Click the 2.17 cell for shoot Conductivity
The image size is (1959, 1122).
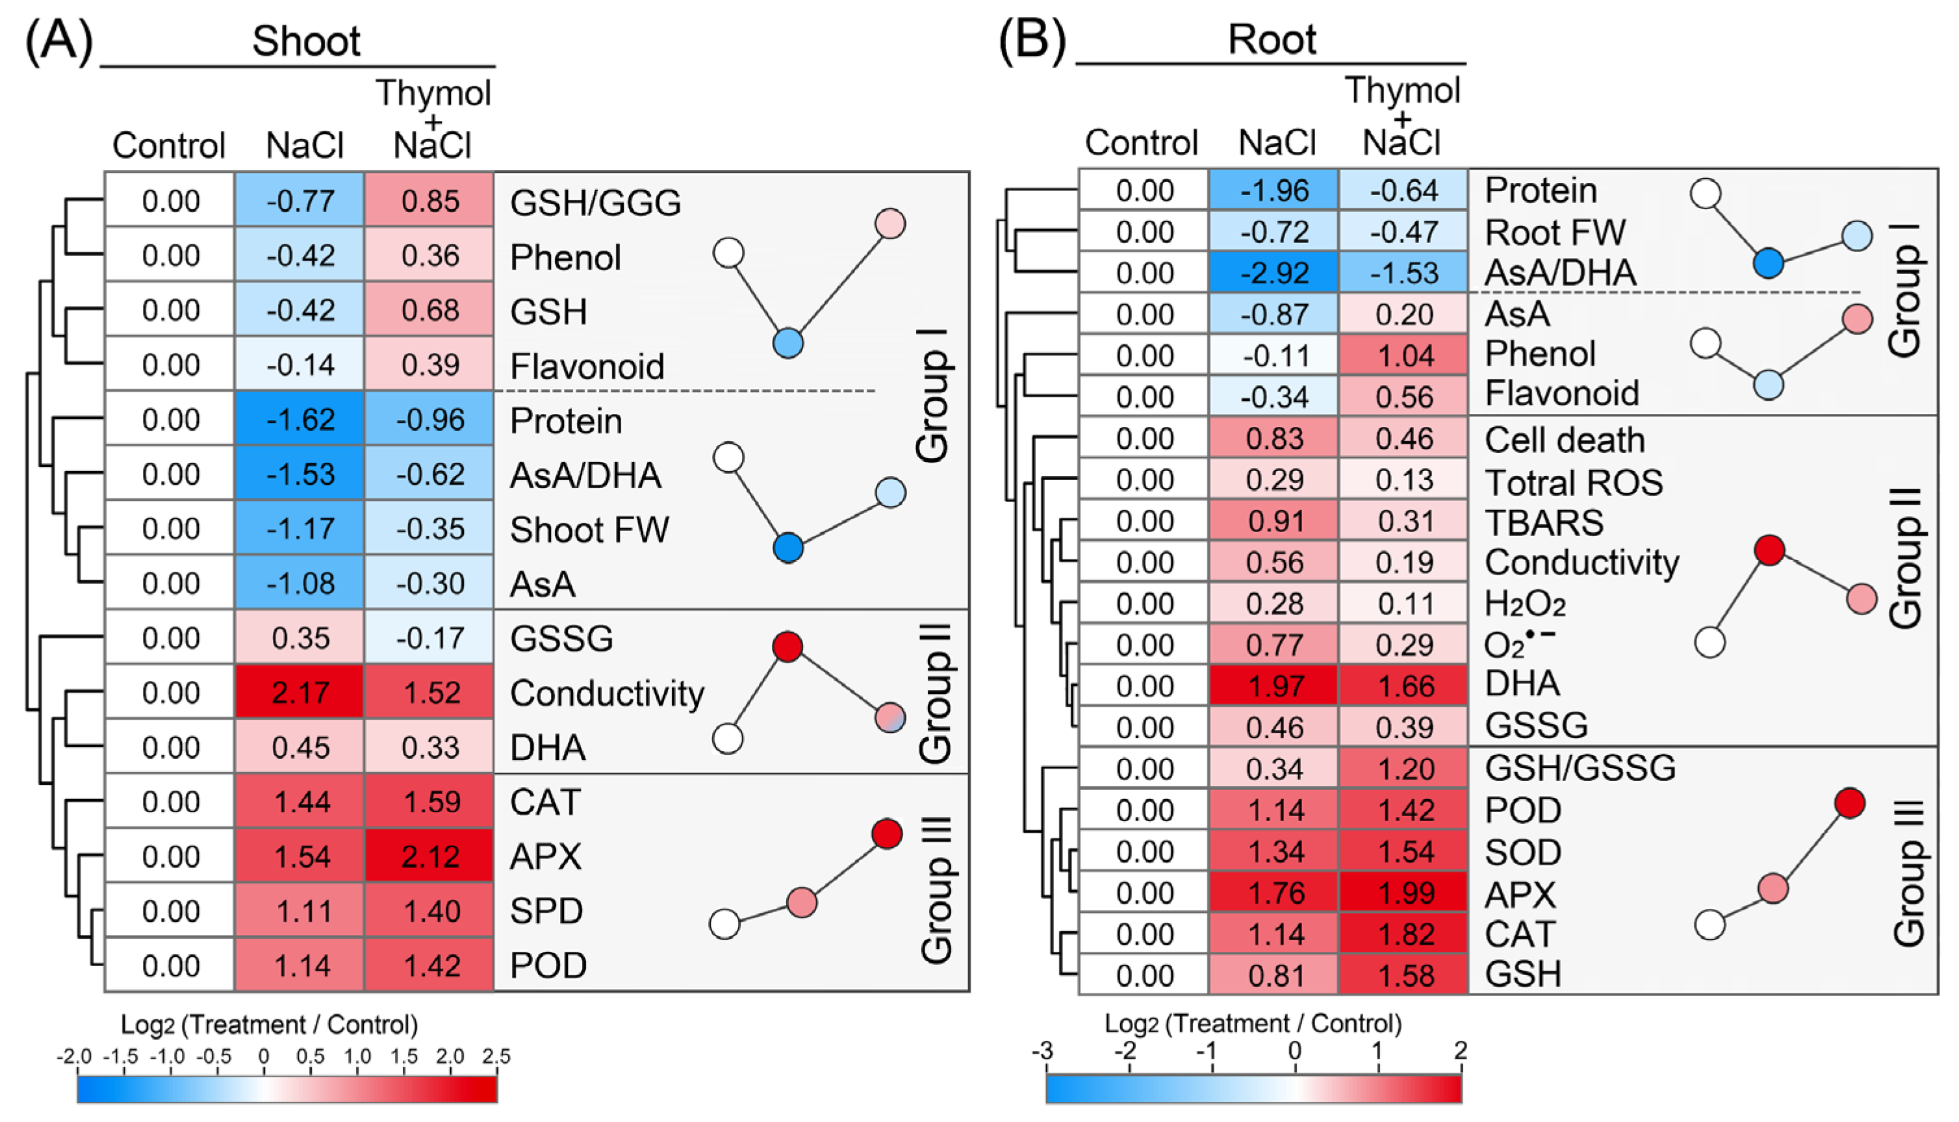(300, 692)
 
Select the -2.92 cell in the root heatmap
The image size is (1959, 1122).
(1274, 273)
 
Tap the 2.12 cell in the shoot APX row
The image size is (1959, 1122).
(429, 856)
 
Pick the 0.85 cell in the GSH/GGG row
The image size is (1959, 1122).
(429, 201)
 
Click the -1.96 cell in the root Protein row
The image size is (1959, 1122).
(1274, 190)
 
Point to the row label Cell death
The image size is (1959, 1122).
(1564, 440)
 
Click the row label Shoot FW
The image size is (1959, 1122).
(589, 529)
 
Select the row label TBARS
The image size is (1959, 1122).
(1544, 522)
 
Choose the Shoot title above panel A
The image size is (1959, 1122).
(306, 41)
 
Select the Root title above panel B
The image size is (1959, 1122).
(1272, 38)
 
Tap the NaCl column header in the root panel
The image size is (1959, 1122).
(1276, 142)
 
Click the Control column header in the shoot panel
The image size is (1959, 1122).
(168, 145)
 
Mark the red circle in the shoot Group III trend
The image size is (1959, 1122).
(887, 833)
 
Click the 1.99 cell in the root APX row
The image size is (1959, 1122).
(1404, 893)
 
